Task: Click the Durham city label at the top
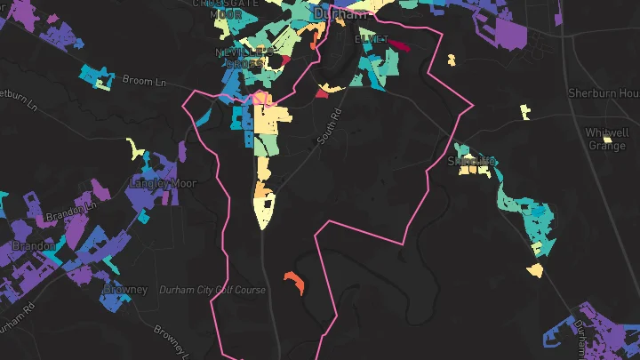click(x=341, y=14)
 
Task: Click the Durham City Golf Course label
click(x=212, y=291)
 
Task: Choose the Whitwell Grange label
click(x=608, y=139)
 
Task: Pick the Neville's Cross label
click(x=240, y=58)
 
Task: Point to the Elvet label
click(x=372, y=40)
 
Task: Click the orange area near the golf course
click(x=294, y=283)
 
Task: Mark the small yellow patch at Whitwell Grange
click(x=607, y=140)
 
